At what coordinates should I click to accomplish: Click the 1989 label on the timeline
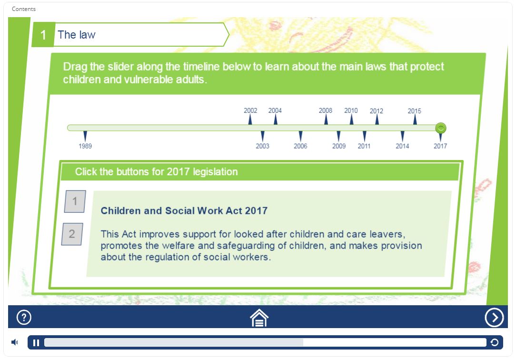[85, 146]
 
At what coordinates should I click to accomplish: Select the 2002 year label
[250, 110]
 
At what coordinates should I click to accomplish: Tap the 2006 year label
[300, 146]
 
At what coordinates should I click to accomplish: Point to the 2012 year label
[377, 111]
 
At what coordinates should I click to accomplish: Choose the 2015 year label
[414, 111]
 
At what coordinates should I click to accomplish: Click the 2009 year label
[339, 146]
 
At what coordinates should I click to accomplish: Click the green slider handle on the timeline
[441, 128]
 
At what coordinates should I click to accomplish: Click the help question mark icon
[24, 318]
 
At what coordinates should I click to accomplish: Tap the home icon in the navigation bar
[259, 318]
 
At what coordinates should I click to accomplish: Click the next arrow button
[494, 318]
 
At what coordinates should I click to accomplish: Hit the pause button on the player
[36, 343]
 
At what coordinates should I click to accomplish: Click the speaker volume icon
[15, 342]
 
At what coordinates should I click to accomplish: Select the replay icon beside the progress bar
[494, 342]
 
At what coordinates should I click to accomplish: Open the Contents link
[24, 9]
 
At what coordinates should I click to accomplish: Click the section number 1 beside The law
[43, 35]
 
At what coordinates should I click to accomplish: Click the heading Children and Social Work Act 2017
[184, 210]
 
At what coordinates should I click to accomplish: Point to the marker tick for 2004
[276, 120]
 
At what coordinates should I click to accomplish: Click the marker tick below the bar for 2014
[402, 136]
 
